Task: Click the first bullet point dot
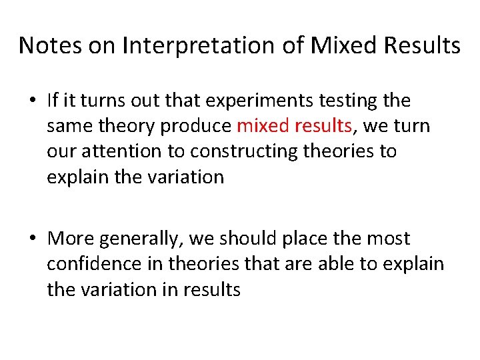point(33,101)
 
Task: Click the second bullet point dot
point(33,239)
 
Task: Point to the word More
point(71,238)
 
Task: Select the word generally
point(145,238)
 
